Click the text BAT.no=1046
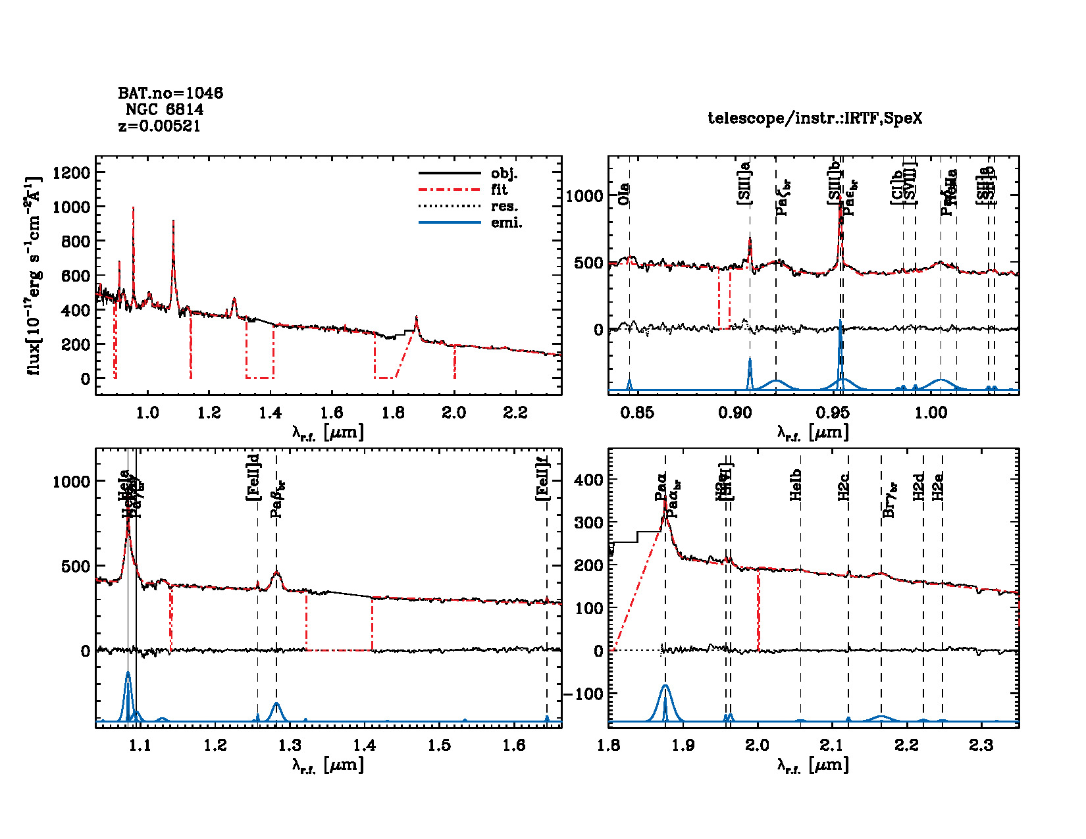[x=170, y=93]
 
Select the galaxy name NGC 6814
[x=165, y=110]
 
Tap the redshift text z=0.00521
[x=159, y=126]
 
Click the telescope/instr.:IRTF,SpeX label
[x=815, y=118]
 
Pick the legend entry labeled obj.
[x=504, y=174]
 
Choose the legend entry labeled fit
[x=500, y=190]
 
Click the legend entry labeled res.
[x=504, y=207]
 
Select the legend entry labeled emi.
[x=506, y=223]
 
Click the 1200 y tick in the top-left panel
[x=71, y=172]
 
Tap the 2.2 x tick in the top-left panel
[x=515, y=413]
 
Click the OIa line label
[x=624, y=194]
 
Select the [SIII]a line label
[x=744, y=184]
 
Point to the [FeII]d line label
[x=253, y=477]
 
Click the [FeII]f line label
[x=542, y=478]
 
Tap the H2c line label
[x=844, y=487]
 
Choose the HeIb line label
[x=796, y=485]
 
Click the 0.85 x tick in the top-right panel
[x=637, y=413]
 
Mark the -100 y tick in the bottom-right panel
[x=583, y=694]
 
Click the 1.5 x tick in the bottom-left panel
[x=440, y=745]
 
